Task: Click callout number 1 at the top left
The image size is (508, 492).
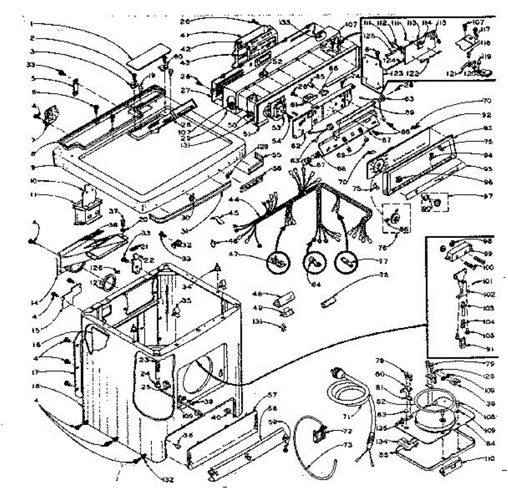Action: click(31, 24)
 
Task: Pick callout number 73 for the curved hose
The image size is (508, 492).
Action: click(347, 445)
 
